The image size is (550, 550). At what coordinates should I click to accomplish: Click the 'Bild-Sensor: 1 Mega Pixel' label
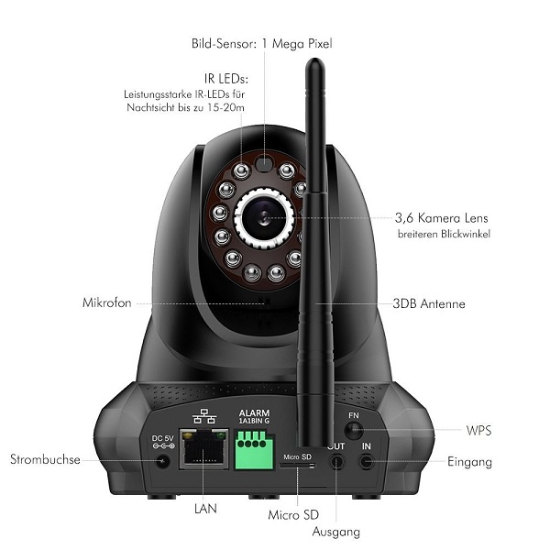pos(261,43)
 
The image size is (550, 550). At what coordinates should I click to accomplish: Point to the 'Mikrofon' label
pos(108,303)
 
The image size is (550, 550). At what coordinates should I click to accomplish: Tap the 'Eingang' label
pos(469,462)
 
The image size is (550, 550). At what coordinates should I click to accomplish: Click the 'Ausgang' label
pos(337,532)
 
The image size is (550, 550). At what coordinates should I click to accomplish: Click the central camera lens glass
pos(266,217)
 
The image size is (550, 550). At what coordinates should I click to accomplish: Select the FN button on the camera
pos(353,431)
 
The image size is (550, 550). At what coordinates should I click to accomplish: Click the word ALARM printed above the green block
pos(253,413)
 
